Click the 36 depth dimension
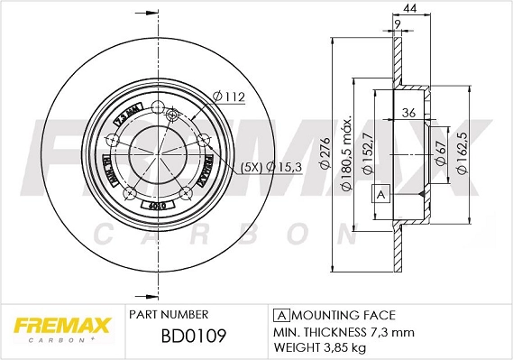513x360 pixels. [x=408, y=113]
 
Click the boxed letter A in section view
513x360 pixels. [x=380, y=195]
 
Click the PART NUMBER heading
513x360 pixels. [x=169, y=315]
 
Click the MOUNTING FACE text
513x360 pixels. [x=342, y=315]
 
